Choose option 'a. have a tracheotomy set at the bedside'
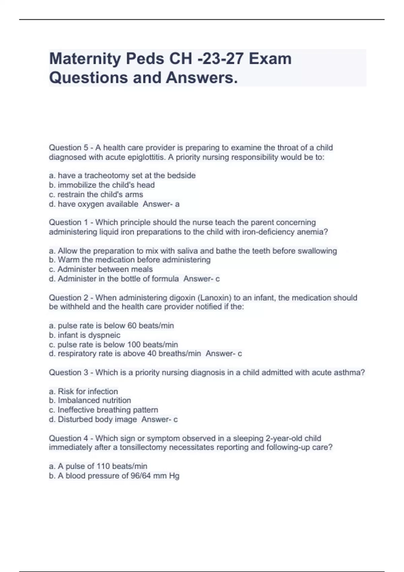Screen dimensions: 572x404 122,176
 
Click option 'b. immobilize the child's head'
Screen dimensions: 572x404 102,185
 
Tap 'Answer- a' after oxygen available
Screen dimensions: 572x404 161,204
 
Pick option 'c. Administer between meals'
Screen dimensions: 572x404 101,269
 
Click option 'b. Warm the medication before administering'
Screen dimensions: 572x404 130,260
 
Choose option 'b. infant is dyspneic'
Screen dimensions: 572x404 85,335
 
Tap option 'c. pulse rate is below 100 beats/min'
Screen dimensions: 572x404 113,345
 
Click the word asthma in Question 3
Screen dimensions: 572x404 348,372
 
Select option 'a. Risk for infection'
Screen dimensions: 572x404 83,391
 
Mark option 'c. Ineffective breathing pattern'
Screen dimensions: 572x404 103,410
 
